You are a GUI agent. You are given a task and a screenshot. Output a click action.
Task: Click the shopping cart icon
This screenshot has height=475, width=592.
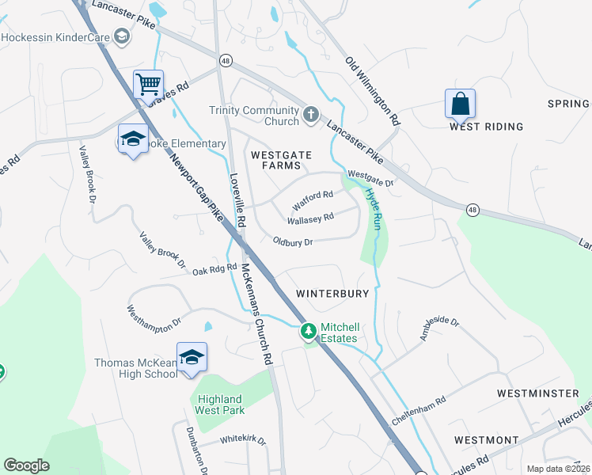click(x=148, y=83)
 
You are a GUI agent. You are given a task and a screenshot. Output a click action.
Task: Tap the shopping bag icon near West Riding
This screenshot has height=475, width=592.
click(x=460, y=103)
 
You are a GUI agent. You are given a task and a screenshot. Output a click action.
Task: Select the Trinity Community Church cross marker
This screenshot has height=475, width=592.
click(x=310, y=115)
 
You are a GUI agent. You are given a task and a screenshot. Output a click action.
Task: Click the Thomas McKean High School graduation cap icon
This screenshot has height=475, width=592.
click(x=192, y=357)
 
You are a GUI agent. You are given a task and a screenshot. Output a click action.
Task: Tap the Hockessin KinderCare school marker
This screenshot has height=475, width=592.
click(x=122, y=36)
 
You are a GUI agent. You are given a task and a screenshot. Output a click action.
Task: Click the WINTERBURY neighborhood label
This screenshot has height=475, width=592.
click(x=332, y=294)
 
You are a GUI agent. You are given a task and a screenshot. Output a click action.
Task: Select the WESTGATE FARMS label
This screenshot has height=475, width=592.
click(x=276, y=160)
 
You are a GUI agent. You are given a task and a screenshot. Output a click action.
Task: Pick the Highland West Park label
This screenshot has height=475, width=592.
click(x=220, y=404)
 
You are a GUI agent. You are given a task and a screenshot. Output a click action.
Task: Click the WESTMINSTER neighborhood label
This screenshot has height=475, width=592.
click(x=538, y=393)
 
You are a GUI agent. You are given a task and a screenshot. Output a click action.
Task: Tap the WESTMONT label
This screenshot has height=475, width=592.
click(x=487, y=440)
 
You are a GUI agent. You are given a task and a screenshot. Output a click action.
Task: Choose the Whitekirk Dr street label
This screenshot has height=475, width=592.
click(x=243, y=440)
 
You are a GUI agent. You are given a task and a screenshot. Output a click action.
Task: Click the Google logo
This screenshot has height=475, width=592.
click(x=26, y=466)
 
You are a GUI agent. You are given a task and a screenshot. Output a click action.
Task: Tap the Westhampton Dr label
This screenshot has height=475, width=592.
click(x=154, y=315)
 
